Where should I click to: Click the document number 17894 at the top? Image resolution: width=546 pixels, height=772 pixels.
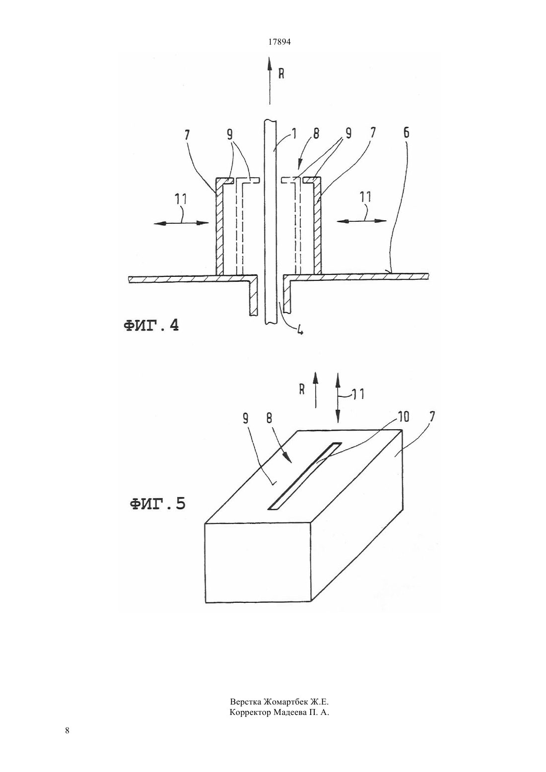pyautogui.click(x=279, y=42)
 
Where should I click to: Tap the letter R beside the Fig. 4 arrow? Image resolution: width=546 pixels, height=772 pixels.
pyautogui.click(x=281, y=73)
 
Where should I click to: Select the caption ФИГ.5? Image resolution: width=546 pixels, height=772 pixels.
pyautogui.click(x=157, y=504)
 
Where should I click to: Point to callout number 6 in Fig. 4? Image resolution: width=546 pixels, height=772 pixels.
pyautogui.click(x=407, y=132)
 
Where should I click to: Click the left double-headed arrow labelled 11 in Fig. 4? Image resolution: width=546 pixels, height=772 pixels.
pyautogui.click(x=181, y=223)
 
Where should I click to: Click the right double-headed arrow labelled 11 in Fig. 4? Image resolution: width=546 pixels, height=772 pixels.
pyautogui.click(x=361, y=221)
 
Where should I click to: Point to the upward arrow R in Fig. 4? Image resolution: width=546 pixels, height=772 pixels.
pyautogui.click(x=270, y=81)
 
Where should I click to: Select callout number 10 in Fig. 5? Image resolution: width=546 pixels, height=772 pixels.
pyautogui.click(x=403, y=417)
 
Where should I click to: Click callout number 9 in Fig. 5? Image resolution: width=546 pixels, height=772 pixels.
pyautogui.click(x=245, y=418)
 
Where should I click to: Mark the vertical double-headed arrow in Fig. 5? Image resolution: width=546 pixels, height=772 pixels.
pyautogui.click(x=338, y=397)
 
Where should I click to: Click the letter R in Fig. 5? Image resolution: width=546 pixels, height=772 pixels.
pyautogui.click(x=302, y=389)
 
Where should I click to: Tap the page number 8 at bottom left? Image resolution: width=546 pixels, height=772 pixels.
pyautogui.click(x=67, y=730)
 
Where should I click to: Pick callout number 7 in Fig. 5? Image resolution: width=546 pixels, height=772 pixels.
pyautogui.click(x=431, y=417)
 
